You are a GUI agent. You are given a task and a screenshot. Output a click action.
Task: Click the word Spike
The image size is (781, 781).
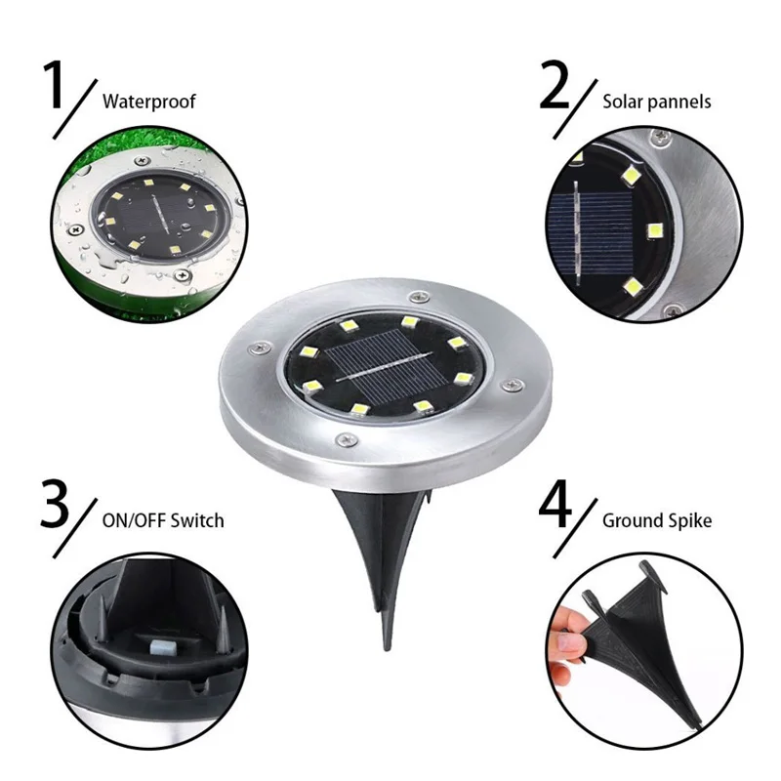(687, 520)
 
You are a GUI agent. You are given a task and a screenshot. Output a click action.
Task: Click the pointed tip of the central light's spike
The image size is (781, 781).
(381, 643)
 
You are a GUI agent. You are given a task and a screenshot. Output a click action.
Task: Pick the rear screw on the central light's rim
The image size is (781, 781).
(419, 294)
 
